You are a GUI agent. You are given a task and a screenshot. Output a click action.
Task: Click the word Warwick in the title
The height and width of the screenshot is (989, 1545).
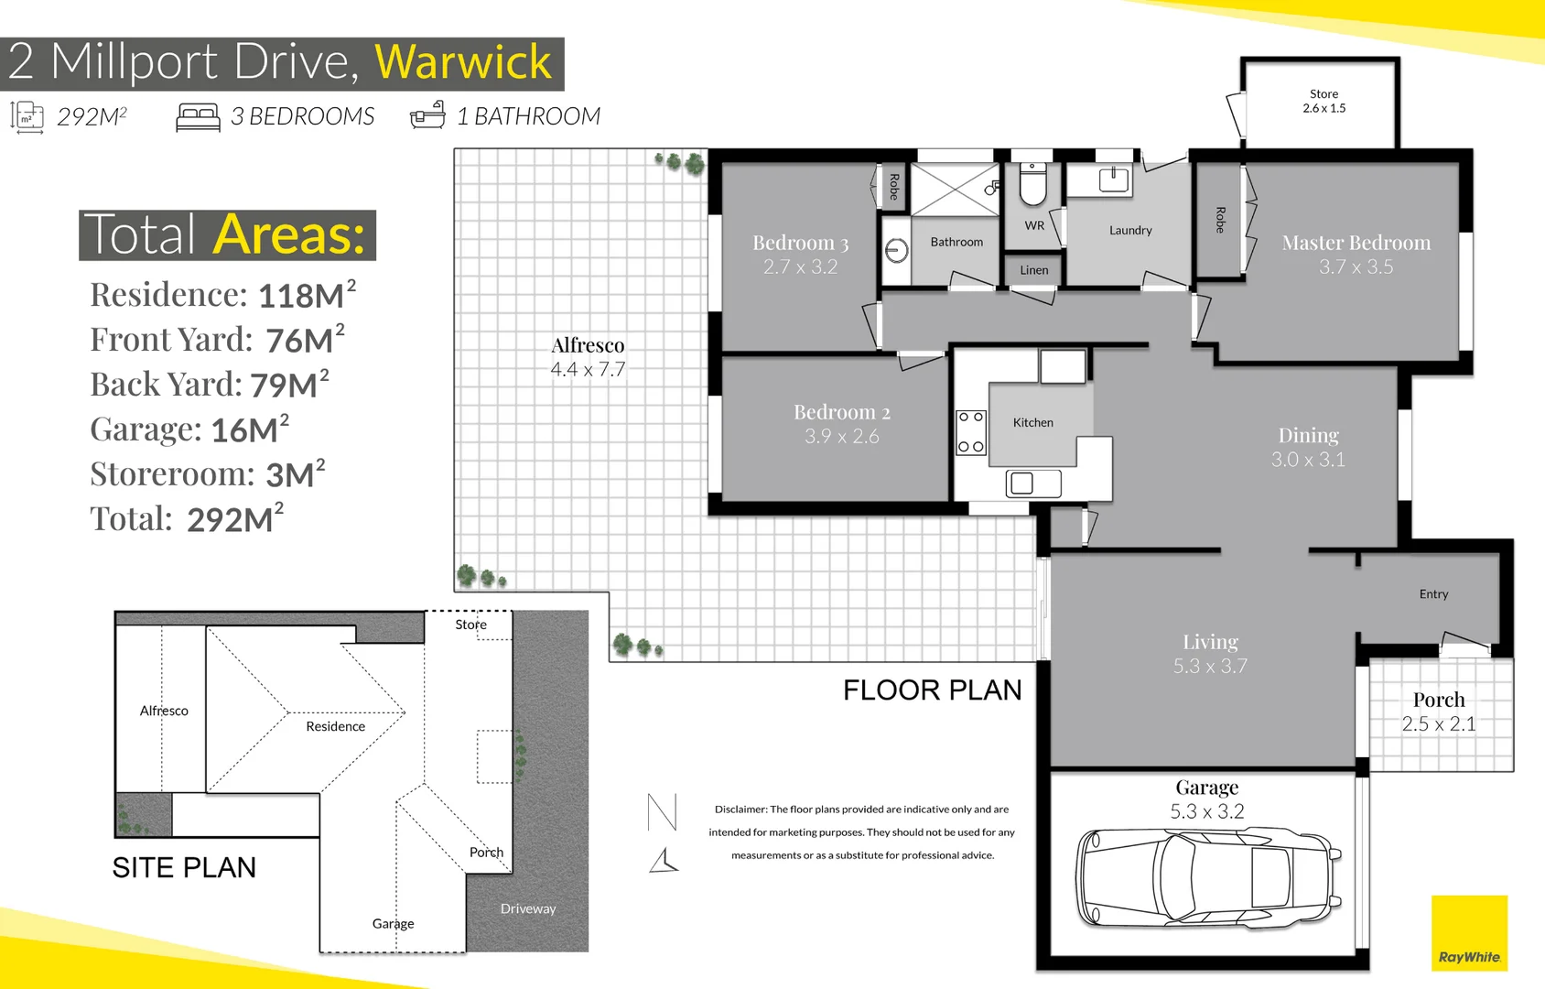coord(463,62)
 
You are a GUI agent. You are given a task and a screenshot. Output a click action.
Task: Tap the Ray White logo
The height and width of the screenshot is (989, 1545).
coord(1469,932)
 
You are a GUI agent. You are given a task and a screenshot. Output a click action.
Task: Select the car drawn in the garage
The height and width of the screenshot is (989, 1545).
coord(1209,877)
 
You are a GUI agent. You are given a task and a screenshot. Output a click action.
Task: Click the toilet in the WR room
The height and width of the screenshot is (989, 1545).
coord(1032,184)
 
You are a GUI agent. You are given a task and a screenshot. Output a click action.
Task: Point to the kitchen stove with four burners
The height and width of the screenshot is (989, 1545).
coord(970,433)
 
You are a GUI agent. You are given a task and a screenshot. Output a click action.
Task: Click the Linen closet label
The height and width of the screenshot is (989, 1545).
coord(1034,270)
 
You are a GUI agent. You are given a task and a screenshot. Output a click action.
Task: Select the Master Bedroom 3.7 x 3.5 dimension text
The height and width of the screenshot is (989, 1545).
coord(1356,266)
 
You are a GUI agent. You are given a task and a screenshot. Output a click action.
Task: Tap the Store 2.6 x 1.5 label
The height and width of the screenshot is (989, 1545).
coord(1324,101)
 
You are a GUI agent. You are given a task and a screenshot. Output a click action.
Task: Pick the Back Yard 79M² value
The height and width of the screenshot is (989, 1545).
coord(289,385)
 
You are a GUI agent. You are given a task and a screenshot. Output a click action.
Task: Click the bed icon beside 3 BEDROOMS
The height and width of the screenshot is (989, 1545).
coord(198,116)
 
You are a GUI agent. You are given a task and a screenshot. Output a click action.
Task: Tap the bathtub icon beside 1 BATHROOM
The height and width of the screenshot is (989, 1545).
coord(427,115)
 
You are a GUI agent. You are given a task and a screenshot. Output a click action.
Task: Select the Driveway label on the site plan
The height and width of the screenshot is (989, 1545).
coord(527,908)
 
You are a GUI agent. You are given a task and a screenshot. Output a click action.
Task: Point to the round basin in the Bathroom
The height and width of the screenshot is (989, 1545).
coord(896,250)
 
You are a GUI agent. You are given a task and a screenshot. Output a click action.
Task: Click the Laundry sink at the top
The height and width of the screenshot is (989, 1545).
coord(1113,179)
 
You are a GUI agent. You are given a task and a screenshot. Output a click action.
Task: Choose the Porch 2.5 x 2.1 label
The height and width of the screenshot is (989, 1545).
coord(1439,712)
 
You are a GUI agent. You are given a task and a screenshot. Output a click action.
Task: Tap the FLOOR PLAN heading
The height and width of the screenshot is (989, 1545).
coord(933,690)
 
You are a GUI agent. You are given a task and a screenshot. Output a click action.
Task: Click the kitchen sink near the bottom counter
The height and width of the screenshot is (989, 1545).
coord(1032,484)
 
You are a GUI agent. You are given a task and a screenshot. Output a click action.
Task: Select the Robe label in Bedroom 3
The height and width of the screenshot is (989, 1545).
coord(894,186)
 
